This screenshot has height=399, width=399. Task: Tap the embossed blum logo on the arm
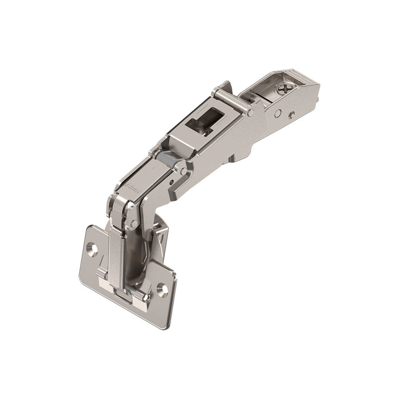pos(132,183)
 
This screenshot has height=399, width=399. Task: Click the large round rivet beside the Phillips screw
pos(277,113)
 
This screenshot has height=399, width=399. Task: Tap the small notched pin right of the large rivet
pos(291,115)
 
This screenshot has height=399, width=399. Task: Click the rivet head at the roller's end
pos(251,112)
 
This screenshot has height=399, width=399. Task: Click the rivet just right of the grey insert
pos(184,171)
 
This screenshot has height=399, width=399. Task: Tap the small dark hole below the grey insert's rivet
pos(171,182)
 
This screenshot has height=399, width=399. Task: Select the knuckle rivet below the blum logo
pos(134,223)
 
